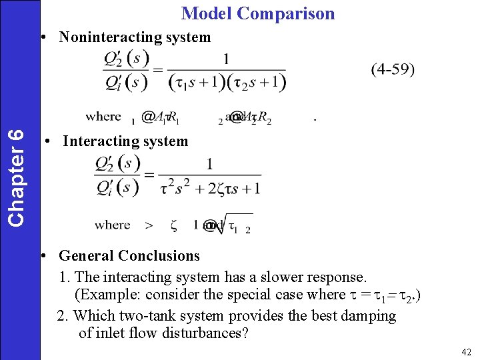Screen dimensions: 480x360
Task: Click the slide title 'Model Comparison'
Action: point(258,13)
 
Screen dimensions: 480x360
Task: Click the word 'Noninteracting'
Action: point(106,37)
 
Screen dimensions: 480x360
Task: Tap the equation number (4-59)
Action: point(393,69)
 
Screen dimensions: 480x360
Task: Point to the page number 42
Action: point(466,351)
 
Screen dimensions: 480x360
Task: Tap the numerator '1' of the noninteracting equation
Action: point(226,59)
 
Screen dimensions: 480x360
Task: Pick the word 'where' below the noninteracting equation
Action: point(103,117)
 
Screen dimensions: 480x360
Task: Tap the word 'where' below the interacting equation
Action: point(112,225)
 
